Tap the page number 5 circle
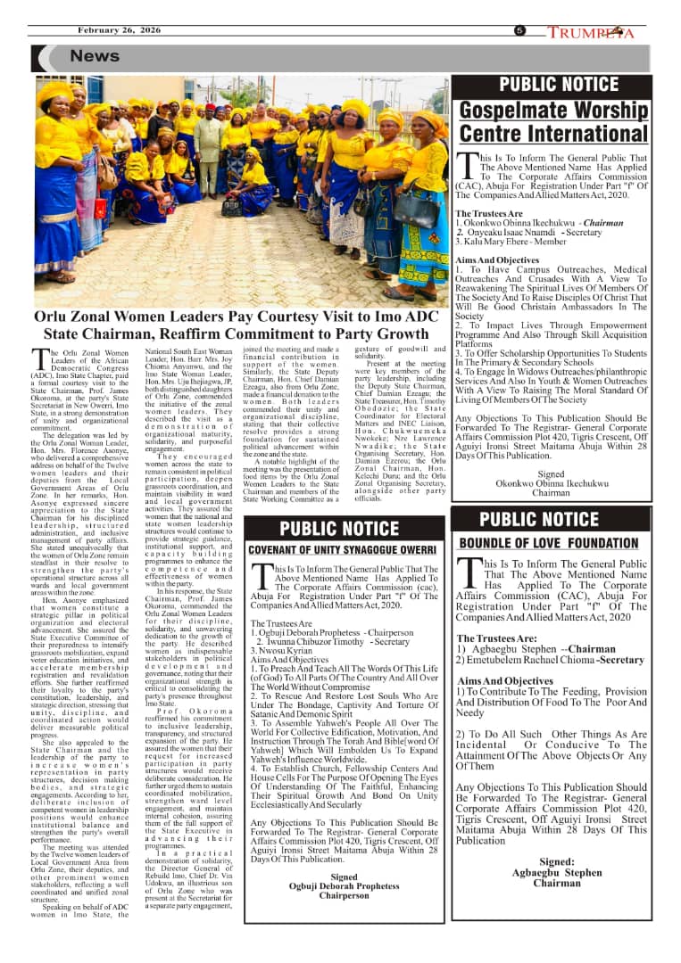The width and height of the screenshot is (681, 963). [519, 30]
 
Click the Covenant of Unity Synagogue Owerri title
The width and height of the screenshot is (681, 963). [343, 549]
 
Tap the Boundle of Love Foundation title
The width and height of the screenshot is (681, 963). [549, 542]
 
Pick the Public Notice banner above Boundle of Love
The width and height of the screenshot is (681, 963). [552, 520]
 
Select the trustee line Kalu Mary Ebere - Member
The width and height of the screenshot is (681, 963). [511, 242]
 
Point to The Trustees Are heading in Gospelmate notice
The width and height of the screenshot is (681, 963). [489, 214]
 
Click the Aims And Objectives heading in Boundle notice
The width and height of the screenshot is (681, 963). [504, 681]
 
